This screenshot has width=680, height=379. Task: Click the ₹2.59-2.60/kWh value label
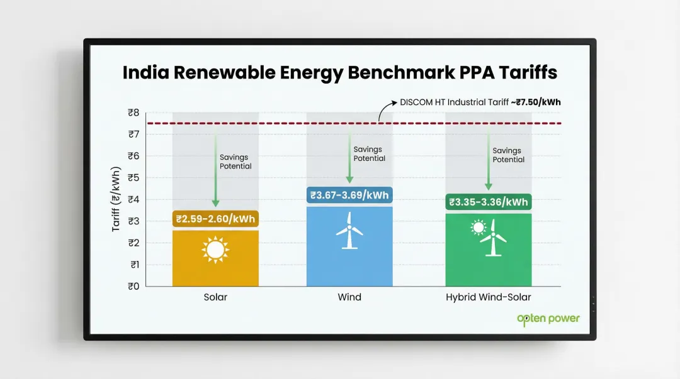pos(215,219)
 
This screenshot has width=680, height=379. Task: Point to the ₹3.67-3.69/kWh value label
pos(349,195)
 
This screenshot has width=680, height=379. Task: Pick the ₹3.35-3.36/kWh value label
pos(488,202)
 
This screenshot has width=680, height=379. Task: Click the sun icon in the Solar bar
pos(215,250)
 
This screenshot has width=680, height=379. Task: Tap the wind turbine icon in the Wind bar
pos(349,231)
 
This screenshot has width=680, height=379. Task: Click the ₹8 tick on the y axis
pos(133,113)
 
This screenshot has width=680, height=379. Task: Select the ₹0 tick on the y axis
pos(133,287)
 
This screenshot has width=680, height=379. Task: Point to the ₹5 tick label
pos(133,178)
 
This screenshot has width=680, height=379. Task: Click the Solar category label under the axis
pos(215,297)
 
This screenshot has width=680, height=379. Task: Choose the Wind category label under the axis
pos(349,297)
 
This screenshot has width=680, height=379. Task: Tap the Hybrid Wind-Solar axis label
pos(489,297)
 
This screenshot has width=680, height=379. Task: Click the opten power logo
pos(548,319)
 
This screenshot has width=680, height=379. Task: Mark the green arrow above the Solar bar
pos(215,170)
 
